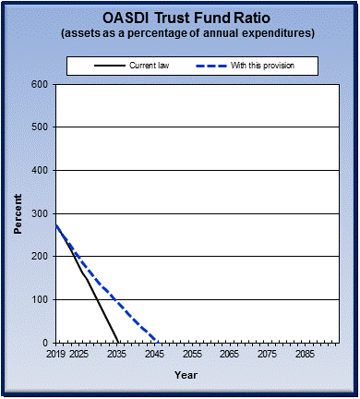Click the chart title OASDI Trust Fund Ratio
179,18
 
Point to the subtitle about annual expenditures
180,33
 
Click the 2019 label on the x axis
56,354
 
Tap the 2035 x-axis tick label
116,354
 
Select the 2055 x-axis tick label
191,354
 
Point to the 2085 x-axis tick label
304,354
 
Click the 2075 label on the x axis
266,354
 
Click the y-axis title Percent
18,213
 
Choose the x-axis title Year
186,375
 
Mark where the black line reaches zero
118,342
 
